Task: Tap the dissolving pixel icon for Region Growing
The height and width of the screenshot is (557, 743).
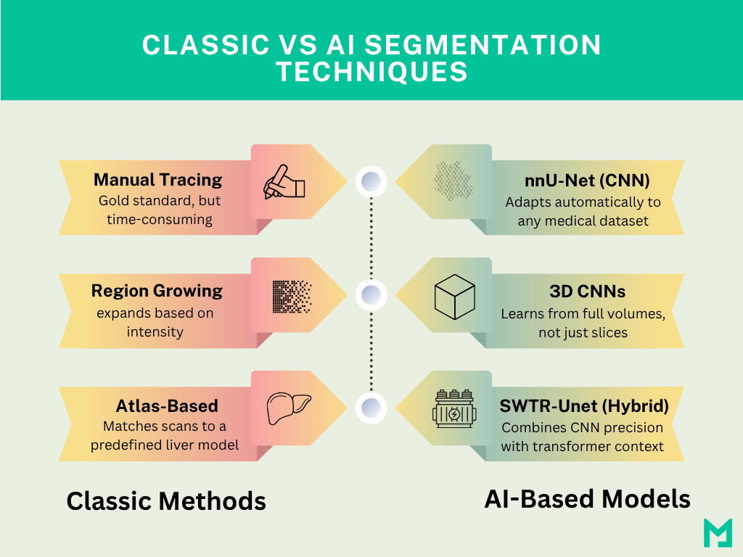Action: point(292,295)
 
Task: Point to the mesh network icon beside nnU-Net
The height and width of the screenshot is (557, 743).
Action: point(454,181)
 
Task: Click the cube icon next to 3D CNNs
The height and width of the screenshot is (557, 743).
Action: point(454,295)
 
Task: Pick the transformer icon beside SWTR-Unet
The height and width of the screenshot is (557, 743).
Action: point(453,409)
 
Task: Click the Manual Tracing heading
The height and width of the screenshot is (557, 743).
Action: point(157,179)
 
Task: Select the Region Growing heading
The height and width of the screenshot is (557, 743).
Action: point(157,291)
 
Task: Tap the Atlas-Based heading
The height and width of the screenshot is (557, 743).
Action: point(167,405)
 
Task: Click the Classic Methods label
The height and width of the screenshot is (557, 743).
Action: point(166,500)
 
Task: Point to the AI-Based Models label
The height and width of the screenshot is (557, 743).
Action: point(587,499)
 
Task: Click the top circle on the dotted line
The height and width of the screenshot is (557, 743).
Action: point(371,181)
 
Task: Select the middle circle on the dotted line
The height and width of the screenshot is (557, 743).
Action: point(371,295)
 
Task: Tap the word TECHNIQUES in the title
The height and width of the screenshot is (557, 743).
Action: point(371,72)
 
